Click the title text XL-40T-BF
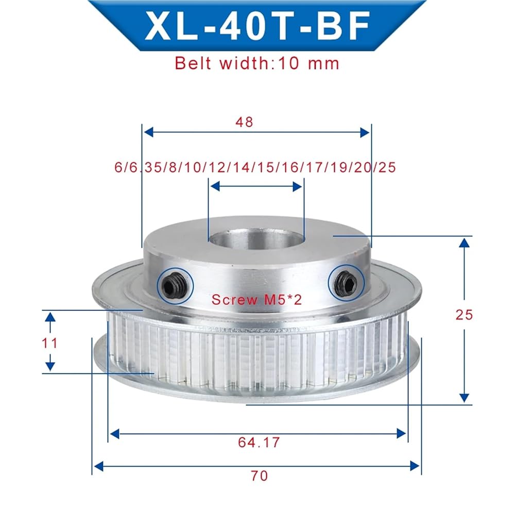coord(257,26)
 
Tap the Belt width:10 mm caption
coord(257,63)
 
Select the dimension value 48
coord(244,122)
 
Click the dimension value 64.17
coord(259,442)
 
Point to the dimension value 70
coord(259,475)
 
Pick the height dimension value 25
coord(464,315)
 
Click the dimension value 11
coord(49,343)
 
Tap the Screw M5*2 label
coord(256,299)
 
